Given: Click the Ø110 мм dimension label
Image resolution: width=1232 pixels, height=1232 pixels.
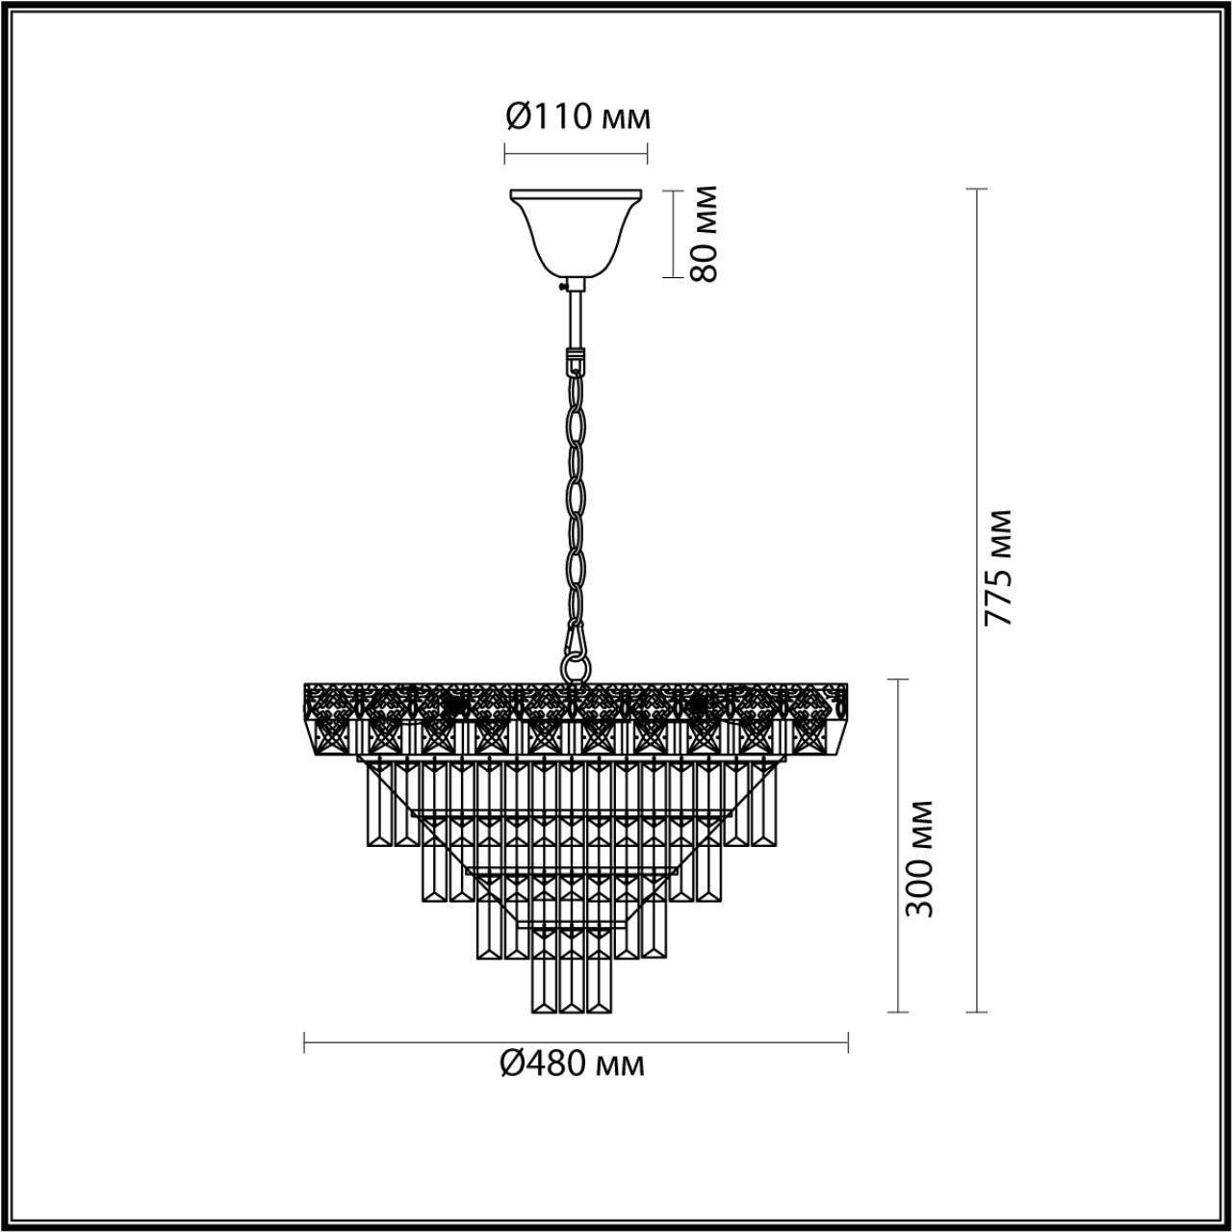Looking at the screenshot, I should (x=577, y=117).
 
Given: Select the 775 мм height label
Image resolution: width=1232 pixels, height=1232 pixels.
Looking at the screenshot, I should (x=1000, y=568).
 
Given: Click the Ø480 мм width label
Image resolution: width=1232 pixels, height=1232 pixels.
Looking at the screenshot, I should (x=573, y=1065).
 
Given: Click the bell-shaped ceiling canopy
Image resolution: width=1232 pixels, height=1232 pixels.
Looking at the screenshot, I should (x=577, y=231).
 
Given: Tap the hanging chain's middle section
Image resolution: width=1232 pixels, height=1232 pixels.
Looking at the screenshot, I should (x=577, y=500).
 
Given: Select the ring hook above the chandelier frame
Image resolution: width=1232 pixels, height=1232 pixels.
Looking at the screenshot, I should (x=576, y=664).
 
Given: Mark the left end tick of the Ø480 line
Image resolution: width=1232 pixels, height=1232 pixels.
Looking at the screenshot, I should (x=305, y=1042).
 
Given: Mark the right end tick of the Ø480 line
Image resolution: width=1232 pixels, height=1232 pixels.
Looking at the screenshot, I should (x=848, y=1042).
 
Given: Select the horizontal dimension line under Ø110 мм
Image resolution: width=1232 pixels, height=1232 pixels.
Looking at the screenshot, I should (x=576, y=153).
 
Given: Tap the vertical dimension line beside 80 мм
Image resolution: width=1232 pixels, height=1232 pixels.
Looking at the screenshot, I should (x=673, y=234).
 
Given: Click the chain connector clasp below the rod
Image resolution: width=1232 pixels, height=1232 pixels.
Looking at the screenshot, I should (x=576, y=360).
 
